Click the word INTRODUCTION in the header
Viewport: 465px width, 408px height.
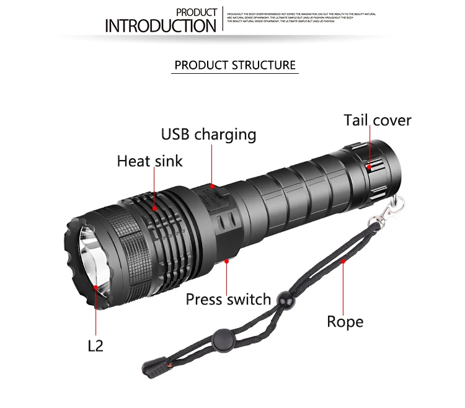point(160,25)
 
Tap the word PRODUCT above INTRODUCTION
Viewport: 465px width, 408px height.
point(197,12)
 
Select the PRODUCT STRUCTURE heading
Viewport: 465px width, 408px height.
point(235,65)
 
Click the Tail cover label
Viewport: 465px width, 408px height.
point(378,120)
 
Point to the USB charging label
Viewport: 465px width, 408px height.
point(208,134)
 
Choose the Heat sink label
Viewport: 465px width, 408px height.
point(150,161)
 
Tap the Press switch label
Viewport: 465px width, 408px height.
point(228,299)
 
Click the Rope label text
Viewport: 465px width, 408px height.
point(345,321)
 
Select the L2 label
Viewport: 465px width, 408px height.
point(95,345)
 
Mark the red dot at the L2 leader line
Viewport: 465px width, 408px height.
point(95,287)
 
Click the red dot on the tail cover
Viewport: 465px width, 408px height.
point(368,166)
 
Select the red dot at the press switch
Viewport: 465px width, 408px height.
point(228,261)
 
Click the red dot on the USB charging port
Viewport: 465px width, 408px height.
point(211,184)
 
